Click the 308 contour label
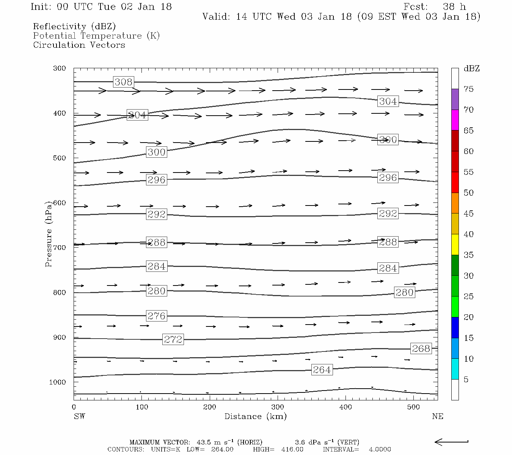click(124, 82)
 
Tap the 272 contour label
click(173, 339)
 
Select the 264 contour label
click(322, 370)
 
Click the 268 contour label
click(421, 348)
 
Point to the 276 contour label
click(156, 316)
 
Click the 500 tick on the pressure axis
click(60, 158)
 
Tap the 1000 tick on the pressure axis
click(58, 382)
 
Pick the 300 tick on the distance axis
click(278, 407)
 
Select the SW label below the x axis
click(79, 416)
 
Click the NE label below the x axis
click(437, 416)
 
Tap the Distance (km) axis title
click(255, 416)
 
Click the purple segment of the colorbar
click(455, 99)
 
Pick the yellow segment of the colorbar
click(455, 245)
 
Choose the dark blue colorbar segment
click(455, 328)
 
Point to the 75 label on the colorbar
click(468, 89)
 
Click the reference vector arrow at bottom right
click(451, 442)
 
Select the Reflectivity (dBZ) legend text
click(74, 27)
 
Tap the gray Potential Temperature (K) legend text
click(96, 36)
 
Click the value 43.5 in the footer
click(204, 442)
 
